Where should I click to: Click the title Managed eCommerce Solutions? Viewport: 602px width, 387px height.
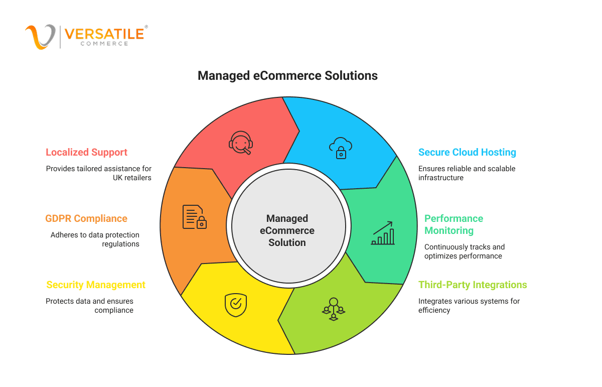[287, 76]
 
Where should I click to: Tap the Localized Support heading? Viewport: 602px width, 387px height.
[86, 152]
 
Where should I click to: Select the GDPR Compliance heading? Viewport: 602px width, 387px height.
[86, 218]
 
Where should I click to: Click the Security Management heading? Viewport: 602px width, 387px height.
[96, 285]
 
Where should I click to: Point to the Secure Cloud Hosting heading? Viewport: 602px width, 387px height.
[467, 152]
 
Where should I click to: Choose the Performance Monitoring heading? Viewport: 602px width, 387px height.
[454, 224]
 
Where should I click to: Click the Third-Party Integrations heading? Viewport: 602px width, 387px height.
[473, 285]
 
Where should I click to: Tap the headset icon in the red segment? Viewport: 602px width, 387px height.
[241, 143]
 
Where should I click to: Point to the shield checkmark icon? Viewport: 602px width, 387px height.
[236, 304]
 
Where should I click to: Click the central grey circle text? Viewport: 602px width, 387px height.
[287, 230]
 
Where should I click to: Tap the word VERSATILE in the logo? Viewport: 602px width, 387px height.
[104, 34]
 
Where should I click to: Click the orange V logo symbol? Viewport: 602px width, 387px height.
[40, 37]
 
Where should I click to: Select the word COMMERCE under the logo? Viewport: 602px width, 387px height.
[104, 44]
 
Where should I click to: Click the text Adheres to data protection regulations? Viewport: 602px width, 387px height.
[95, 239]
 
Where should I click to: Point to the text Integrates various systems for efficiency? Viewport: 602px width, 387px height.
[469, 306]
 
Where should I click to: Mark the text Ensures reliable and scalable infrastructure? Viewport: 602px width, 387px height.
[467, 173]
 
